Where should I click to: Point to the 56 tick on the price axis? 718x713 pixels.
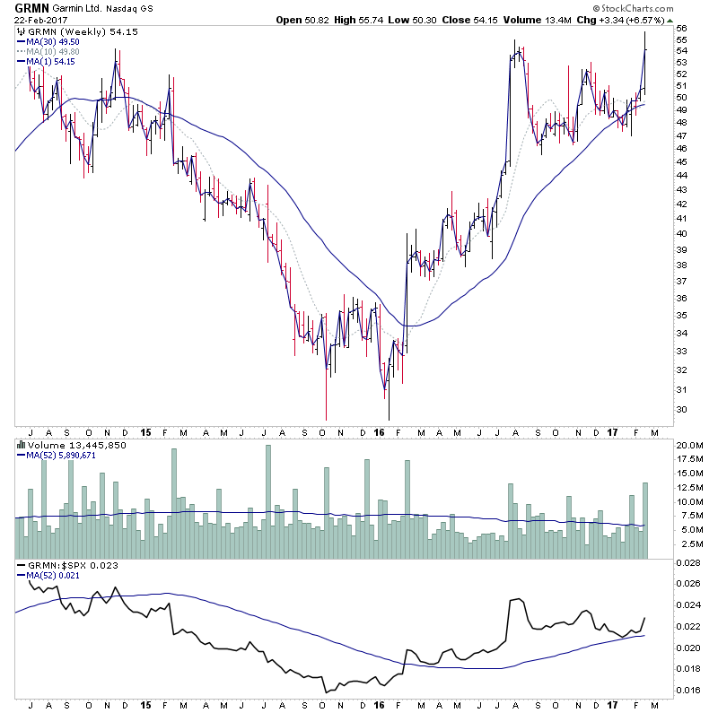680,29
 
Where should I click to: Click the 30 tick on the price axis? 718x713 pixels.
680,410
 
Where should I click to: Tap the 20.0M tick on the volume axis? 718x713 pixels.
687,446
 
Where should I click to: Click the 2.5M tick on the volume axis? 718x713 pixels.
686,543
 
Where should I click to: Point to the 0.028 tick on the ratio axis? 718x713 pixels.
689,563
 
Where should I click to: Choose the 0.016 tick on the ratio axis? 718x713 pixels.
689,691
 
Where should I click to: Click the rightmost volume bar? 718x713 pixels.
644,521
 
